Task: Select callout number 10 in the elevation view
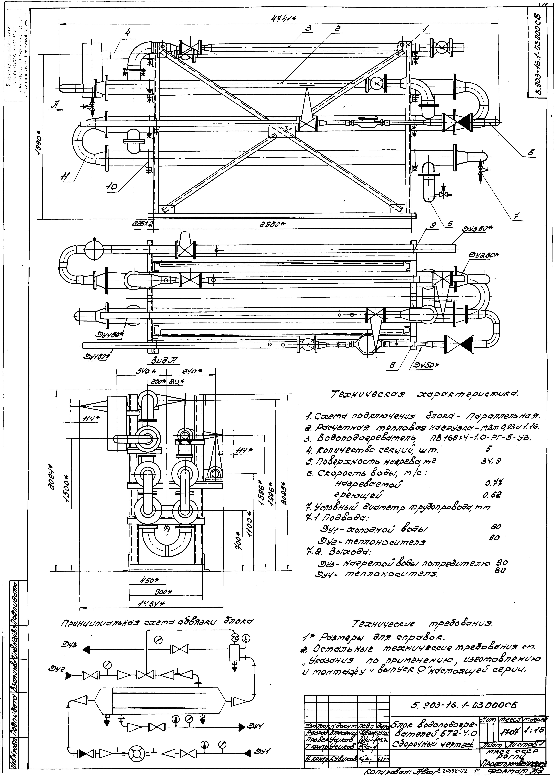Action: click(112, 186)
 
